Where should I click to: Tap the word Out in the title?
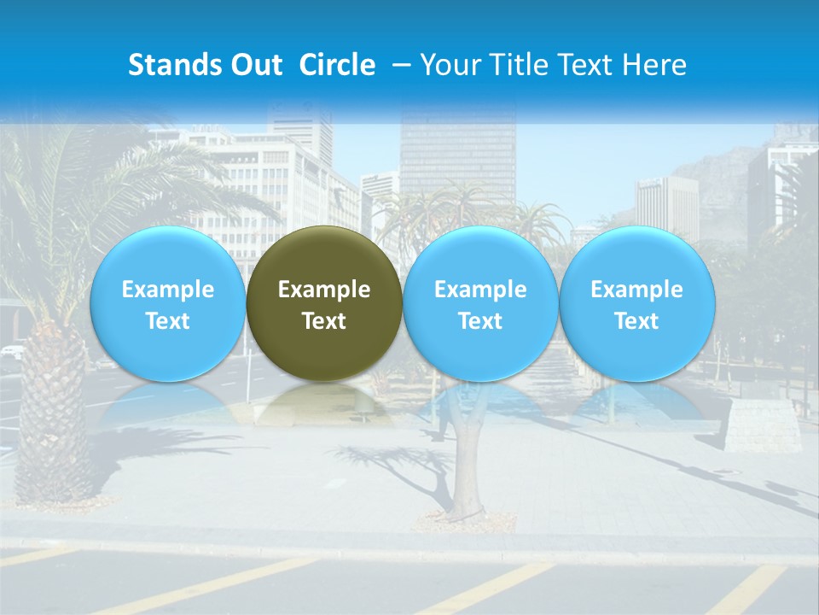click(x=253, y=65)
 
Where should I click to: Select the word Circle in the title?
click(x=337, y=65)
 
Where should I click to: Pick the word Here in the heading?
click(x=653, y=65)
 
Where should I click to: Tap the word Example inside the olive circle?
click(x=324, y=290)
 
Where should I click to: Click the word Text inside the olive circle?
click(x=324, y=322)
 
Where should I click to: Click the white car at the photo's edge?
click(x=10, y=351)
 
